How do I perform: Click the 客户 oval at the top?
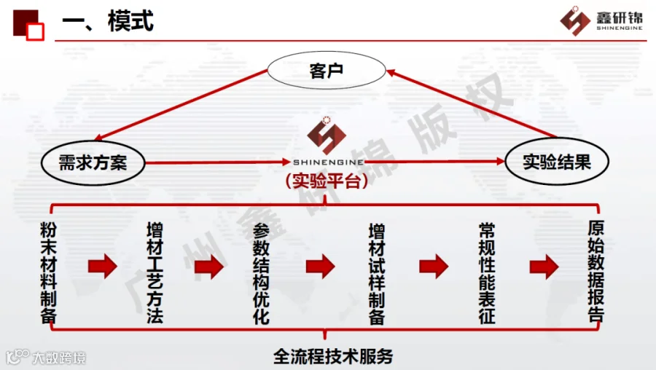pyautogui.click(x=325, y=71)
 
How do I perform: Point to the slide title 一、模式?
pyautogui.click(x=108, y=21)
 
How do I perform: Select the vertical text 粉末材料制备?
pyautogui.click(x=49, y=272)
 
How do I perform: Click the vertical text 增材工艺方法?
pyautogui.click(x=155, y=272)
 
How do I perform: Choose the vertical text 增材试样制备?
pyautogui.click(x=376, y=272)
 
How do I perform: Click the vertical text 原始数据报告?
pyautogui.click(x=596, y=272)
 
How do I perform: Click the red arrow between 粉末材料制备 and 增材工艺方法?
pyautogui.click(x=102, y=267)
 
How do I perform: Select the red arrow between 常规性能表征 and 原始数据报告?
pyautogui.click(x=544, y=267)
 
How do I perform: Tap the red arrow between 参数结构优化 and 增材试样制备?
pyautogui.click(x=319, y=267)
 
